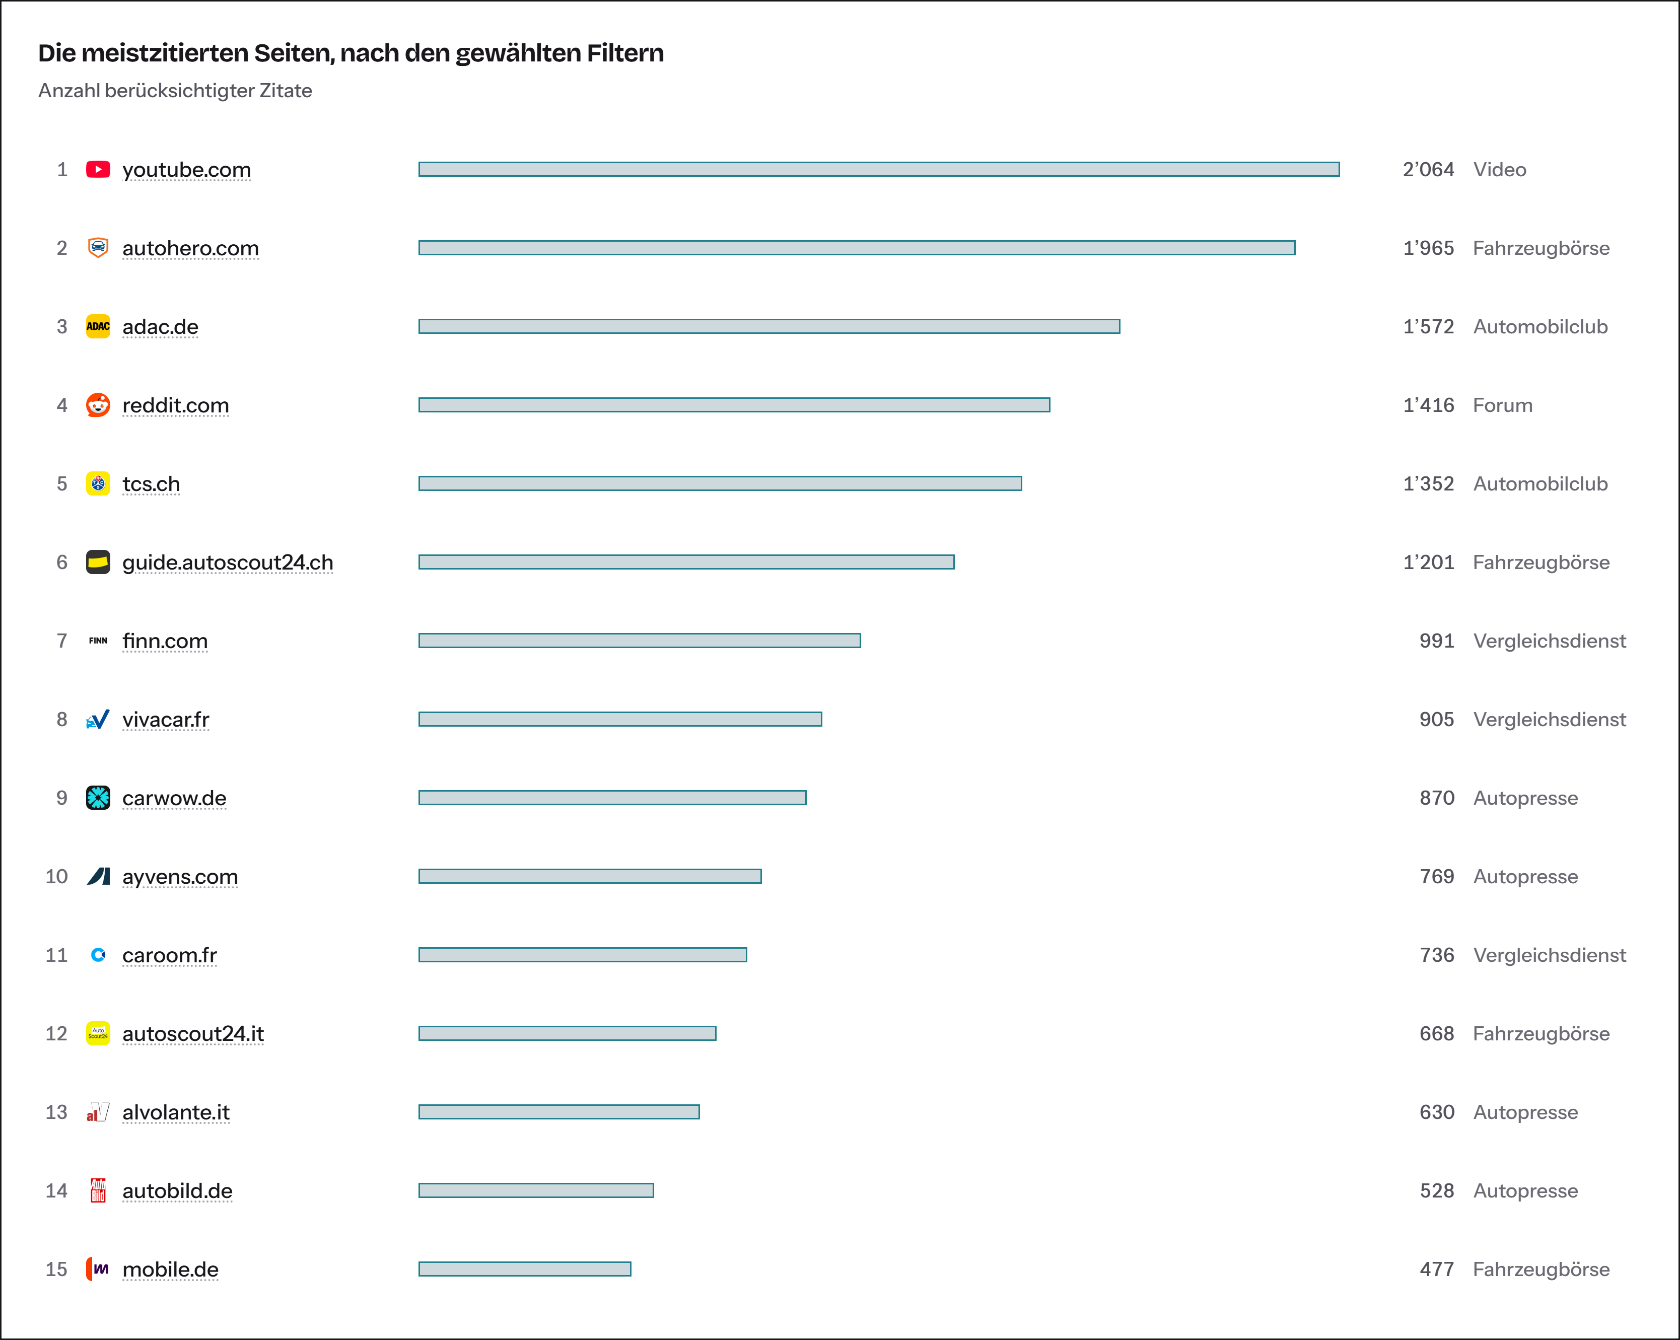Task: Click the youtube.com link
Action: tap(186, 170)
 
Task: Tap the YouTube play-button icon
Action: tap(98, 169)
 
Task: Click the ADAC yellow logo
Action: tap(98, 326)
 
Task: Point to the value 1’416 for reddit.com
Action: tap(1428, 405)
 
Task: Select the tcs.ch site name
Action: tap(151, 484)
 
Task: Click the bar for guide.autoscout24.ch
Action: tap(686, 561)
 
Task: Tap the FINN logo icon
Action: tap(98, 641)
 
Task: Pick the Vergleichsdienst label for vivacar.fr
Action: tap(1549, 719)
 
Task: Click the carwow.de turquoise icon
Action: tap(98, 798)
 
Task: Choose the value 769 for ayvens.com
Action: tap(1437, 876)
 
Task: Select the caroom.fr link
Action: tap(169, 955)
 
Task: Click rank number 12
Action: tap(56, 1034)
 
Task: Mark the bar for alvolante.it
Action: tap(558, 1112)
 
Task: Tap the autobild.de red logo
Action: tap(98, 1190)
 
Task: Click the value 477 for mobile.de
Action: tap(1437, 1269)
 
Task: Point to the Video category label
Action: tap(1499, 170)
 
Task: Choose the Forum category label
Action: tap(1502, 405)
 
